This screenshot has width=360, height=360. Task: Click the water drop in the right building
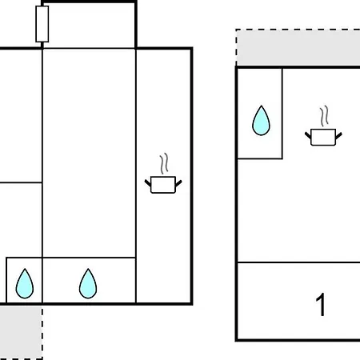coord(261,121)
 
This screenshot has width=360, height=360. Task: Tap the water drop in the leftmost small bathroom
coord(25,283)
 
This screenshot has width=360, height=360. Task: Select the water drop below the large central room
coord(88,283)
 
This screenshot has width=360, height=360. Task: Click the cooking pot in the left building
coord(163,184)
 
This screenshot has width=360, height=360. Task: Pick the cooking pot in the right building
coord(323,137)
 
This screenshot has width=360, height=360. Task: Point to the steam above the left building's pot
coord(164,164)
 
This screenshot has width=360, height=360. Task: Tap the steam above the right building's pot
coord(324,116)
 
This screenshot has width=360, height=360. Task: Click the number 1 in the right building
coord(321,305)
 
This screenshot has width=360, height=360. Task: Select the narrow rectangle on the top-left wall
coord(42,24)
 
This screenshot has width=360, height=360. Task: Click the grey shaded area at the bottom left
coord(21,332)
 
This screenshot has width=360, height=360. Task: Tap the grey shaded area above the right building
coord(298,47)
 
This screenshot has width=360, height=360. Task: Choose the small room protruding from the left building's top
coord(89,26)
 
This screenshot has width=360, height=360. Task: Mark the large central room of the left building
coord(89,153)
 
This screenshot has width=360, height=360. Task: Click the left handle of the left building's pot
coord(148,183)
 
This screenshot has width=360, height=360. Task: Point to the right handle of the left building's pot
coord(178,183)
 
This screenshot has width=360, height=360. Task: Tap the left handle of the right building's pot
coord(308,135)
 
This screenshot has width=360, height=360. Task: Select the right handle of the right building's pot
coord(338,136)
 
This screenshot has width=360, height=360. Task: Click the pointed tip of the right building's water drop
coord(262,106)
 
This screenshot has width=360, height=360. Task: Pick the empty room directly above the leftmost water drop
coord(21,220)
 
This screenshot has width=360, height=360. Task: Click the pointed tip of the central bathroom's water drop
coord(88,269)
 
